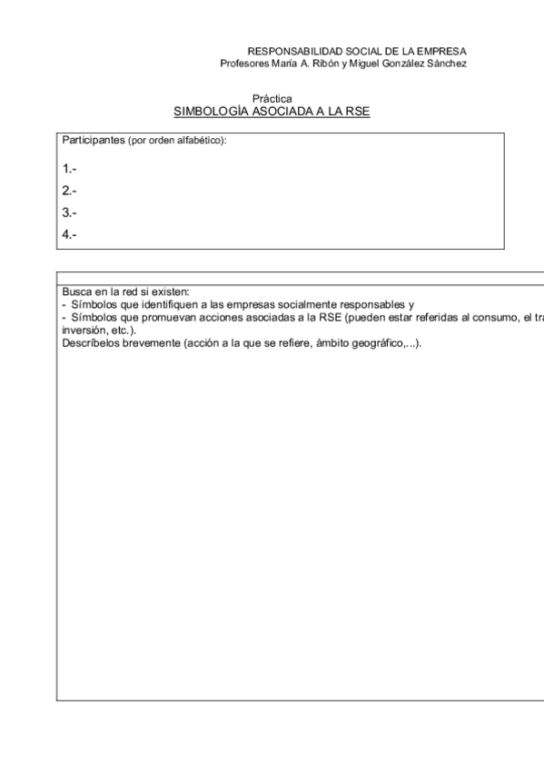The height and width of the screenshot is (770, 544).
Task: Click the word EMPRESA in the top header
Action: tap(444, 52)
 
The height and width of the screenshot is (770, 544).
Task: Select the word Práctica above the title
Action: tap(272, 98)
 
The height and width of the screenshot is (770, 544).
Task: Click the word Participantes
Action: tap(93, 140)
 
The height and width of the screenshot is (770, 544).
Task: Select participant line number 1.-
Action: tap(69, 169)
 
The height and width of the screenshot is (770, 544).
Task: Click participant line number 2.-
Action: tap(69, 191)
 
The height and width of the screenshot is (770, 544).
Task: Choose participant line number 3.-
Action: tap(69, 212)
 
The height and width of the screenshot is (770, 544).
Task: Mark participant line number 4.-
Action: tap(69, 234)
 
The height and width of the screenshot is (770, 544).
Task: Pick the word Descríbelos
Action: tap(89, 343)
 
